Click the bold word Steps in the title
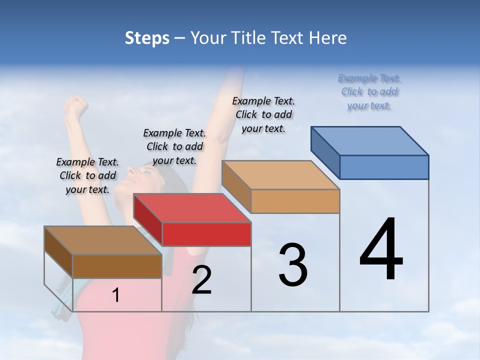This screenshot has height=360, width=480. (146, 38)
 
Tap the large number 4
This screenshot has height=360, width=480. (381, 250)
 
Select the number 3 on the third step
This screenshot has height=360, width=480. (293, 265)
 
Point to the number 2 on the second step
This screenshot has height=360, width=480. (201, 280)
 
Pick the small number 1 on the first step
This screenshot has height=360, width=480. (116, 295)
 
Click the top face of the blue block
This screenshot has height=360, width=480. (370, 140)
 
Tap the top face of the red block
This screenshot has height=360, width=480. (192, 208)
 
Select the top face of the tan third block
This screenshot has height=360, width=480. (280, 175)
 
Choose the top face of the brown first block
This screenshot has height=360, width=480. (103, 240)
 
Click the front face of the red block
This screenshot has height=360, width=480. (206, 234)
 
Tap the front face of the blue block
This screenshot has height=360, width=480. (384, 167)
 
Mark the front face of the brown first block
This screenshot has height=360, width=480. (117, 266)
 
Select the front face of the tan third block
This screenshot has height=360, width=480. (295, 201)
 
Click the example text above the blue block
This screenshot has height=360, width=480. (369, 91)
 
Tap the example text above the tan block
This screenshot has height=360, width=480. (263, 114)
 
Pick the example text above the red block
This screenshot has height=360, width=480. (174, 146)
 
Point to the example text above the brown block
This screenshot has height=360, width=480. (87, 175)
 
